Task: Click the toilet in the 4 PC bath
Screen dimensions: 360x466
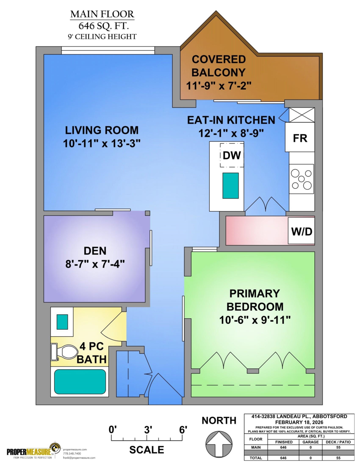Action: click(x=64, y=352)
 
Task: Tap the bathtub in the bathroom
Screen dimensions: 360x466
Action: click(x=80, y=381)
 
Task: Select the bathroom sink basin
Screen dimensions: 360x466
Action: click(x=62, y=322)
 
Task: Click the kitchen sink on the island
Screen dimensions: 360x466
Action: click(x=231, y=186)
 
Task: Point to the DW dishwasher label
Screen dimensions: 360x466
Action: click(x=232, y=155)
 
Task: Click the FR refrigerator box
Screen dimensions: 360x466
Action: click(x=300, y=137)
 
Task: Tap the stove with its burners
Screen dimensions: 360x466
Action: click(x=301, y=179)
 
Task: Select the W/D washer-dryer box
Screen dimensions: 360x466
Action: click(x=301, y=231)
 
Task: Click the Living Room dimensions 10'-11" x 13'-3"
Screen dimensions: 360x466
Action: click(x=102, y=143)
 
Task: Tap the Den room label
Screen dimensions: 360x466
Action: click(x=95, y=251)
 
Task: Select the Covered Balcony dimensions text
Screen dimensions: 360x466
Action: click(x=219, y=86)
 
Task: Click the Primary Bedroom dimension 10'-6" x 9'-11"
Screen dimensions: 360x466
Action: click(x=255, y=320)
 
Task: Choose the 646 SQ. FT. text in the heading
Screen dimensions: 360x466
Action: click(x=104, y=26)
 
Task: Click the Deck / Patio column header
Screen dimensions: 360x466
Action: click(x=338, y=442)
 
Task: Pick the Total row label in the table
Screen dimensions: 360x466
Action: click(x=256, y=457)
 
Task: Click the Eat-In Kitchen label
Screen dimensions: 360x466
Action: click(x=231, y=120)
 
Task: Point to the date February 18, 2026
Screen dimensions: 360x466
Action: click(x=299, y=422)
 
